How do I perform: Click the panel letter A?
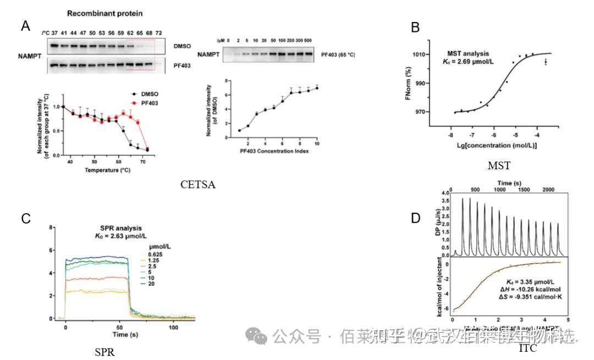coord(25,25)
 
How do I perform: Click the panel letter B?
coord(416,27)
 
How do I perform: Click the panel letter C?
coord(25,218)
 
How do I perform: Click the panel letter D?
coord(416,218)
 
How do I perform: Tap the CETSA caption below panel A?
coord(198,185)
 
